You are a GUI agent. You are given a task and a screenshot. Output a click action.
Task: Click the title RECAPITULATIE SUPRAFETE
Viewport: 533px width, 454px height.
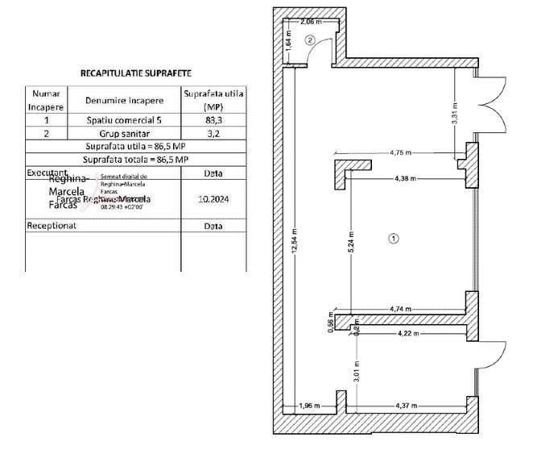[135, 73]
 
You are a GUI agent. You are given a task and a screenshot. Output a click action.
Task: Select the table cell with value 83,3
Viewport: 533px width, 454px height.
[213, 119]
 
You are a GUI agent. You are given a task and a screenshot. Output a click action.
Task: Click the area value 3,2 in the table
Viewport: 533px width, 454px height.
[213, 134]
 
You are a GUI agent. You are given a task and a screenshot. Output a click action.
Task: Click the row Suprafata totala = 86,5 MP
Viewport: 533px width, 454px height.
[136, 160]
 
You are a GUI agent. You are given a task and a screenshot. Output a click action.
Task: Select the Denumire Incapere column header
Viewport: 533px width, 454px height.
[125, 100]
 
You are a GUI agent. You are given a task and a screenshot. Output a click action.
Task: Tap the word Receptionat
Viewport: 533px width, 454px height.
[52, 226]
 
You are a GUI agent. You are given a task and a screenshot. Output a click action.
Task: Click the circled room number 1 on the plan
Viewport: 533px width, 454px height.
[393, 238]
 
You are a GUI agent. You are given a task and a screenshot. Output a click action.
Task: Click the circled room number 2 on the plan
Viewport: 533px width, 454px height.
[310, 40]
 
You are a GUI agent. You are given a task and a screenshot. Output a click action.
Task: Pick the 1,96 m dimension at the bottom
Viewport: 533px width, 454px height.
[310, 404]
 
